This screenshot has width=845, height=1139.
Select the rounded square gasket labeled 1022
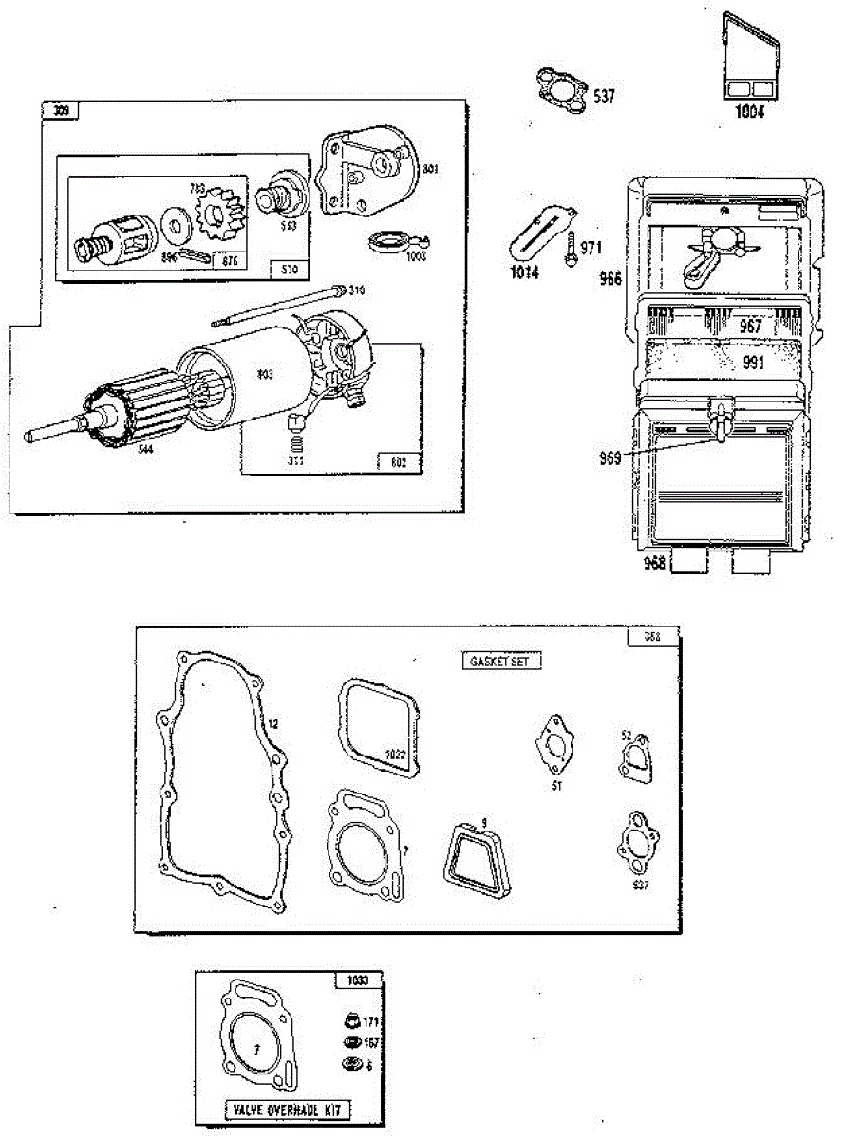click(378, 729)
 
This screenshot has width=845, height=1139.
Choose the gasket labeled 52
click(635, 760)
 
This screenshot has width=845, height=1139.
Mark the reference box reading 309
click(60, 111)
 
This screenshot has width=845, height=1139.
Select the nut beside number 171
click(349, 1022)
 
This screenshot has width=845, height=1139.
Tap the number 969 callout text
click(609, 457)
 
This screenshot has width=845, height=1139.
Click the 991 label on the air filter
click(753, 362)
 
